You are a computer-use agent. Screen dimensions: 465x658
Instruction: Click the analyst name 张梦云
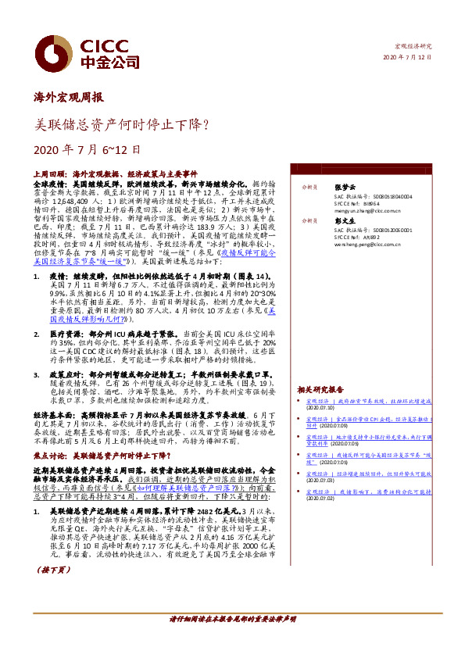[344, 188]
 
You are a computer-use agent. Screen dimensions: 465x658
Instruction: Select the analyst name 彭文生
[344, 220]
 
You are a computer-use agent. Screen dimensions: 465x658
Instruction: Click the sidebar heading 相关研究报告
[320, 389]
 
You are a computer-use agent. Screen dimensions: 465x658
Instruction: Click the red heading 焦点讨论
[51, 454]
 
